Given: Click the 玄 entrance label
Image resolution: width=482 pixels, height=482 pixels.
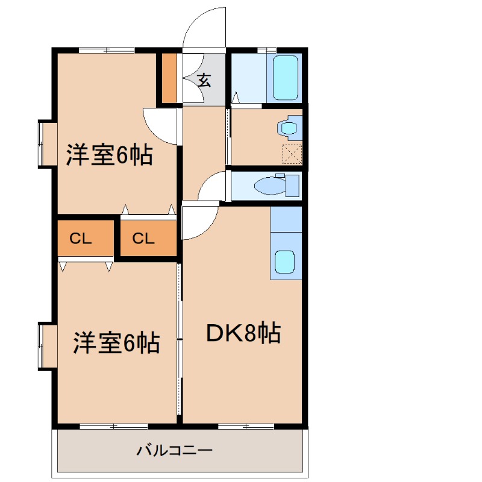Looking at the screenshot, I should [204, 80].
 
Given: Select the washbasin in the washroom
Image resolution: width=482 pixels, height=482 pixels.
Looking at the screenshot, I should [289, 127].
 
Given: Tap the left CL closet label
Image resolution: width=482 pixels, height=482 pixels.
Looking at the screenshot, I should [80, 239].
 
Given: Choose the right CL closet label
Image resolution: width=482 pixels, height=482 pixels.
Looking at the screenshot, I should [143, 239].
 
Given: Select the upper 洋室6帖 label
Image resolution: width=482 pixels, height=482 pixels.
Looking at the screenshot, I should [109, 155].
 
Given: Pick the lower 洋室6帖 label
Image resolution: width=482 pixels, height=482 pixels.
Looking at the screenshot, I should [116, 342].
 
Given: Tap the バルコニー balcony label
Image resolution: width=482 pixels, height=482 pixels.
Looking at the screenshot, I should [174, 449].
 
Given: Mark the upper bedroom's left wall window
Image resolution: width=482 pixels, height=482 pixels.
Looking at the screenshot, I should [43, 143].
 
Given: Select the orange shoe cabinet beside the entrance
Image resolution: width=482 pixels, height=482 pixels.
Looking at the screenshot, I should [169, 78].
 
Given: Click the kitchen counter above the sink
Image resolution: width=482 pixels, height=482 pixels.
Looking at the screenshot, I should [286, 219].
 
